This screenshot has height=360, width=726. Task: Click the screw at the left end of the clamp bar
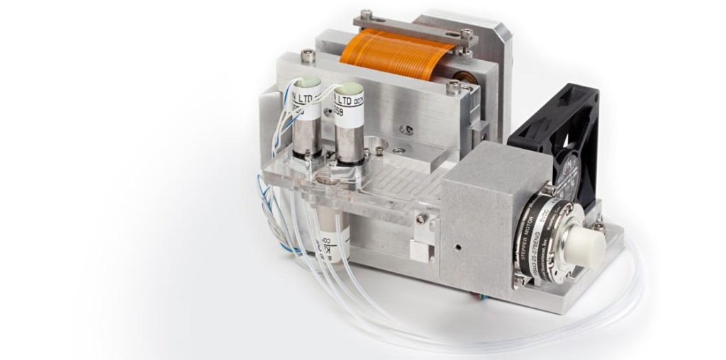pos(366,14)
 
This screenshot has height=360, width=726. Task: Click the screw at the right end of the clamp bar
pos(466,33)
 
